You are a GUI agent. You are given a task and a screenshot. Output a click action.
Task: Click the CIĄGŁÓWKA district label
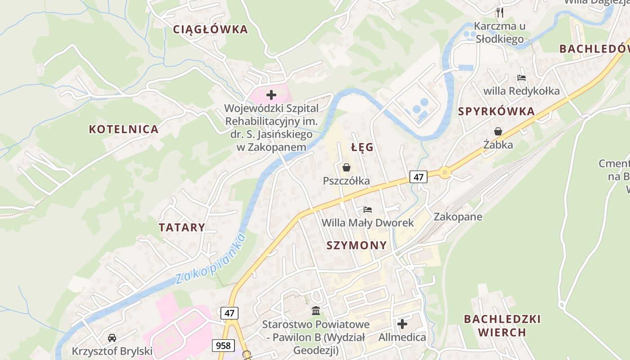click(x=211, y=30)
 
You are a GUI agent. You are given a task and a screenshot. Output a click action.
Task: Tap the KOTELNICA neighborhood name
click(x=124, y=130)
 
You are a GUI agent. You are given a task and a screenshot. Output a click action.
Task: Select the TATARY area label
click(x=182, y=227)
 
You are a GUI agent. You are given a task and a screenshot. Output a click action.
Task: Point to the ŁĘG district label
click(x=362, y=148)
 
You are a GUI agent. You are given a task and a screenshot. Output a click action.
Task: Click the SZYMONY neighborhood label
click(x=356, y=245)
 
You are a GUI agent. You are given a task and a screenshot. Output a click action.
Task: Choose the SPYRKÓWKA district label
click(x=496, y=112)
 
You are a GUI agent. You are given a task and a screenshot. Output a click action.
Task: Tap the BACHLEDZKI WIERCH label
click(x=502, y=326)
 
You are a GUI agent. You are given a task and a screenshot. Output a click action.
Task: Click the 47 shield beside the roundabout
click(x=418, y=177)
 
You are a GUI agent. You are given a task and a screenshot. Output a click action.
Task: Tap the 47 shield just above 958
click(x=229, y=313)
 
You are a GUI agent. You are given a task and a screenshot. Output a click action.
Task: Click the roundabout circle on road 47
click(x=445, y=172)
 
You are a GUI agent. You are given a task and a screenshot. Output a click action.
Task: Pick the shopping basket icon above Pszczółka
click(x=346, y=167)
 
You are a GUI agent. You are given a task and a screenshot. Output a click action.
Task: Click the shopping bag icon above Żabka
click(x=498, y=131)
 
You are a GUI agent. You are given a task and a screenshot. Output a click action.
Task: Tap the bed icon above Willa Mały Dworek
click(x=368, y=210)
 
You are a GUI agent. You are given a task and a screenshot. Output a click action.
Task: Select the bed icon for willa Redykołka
click(x=522, y=78)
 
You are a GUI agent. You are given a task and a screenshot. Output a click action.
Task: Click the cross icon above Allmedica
click(x=402, y=324)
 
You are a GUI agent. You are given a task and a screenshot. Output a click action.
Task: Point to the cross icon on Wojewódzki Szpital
click(x=271, y=95)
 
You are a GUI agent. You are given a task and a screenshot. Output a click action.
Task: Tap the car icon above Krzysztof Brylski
click(x=112, y=337)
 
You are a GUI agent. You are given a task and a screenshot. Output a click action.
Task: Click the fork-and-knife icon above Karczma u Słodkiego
click(x=500, y=12)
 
